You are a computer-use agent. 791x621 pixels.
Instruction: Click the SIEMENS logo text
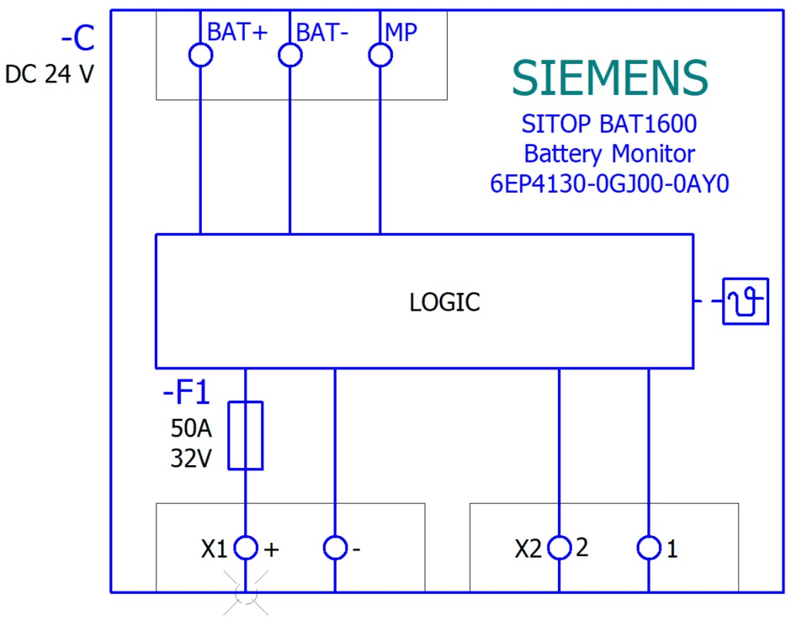pyautogui.click(x=610, y=78)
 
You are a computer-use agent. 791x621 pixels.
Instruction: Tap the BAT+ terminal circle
pyautogui.click(x=200, y=56)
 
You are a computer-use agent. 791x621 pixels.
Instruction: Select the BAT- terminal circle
pyautogui.click(x=290, y=56)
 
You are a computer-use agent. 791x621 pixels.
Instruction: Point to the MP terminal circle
pyautogui.click(x=380, y=56)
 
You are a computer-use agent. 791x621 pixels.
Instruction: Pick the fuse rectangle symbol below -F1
pyautogui.click(x=246, y=435)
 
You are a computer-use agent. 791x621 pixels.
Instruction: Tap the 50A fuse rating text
pyautogui.click(x=191, y=429)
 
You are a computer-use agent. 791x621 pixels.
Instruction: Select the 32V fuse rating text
pyautogui.click(x=191, y=460)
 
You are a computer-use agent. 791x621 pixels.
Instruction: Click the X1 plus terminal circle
pyautogui.click(x=245, y=549)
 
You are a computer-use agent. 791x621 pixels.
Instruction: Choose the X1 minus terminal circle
pyautogui.click(x=335, y=549)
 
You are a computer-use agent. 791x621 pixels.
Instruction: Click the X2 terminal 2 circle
pyautogui.click(x=559, y=549)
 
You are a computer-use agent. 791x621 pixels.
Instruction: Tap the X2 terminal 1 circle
pyautogui.click(x=649, y=549)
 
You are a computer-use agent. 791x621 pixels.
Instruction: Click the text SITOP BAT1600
pyautogui.click(x=609, y=125)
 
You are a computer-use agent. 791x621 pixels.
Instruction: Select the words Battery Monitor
pyautogui.click(x=609, y=154)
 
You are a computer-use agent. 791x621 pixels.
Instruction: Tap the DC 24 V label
pyautogui.click(x=50, y=74)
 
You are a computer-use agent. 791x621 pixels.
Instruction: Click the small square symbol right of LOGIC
pyautogui.click(x=746, y=301)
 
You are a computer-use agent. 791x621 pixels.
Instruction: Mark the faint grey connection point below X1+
pyautogui.click(x=246, y=592)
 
